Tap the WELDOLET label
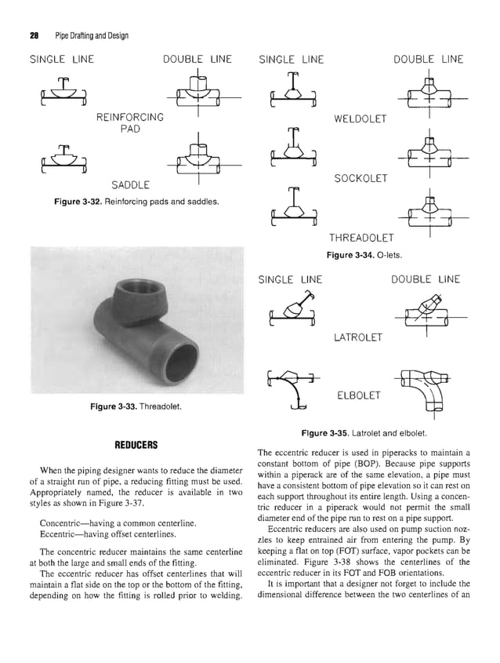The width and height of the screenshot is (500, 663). [361, 118]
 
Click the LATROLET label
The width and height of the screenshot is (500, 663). [358, 337]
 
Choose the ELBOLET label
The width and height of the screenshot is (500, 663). [357, 395]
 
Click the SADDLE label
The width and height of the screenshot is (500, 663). [131, 185]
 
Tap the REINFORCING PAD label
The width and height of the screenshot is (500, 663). [129, 123]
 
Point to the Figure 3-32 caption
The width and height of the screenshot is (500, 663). [135, 202]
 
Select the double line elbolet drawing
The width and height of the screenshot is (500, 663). [427, 388]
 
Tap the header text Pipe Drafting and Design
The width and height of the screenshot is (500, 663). [92, 35]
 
